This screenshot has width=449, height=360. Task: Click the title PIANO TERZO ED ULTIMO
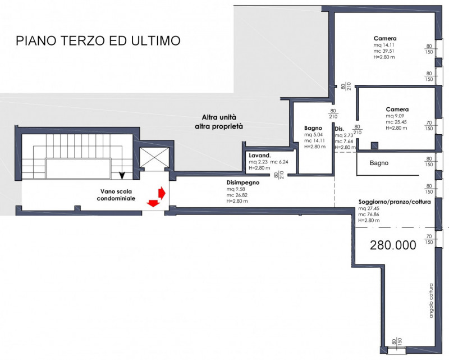coord(98,41)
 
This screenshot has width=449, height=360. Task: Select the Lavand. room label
coord(260,155)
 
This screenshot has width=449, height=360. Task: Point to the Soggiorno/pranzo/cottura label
coord(395,202)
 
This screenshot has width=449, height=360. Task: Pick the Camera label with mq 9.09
coord(397,109)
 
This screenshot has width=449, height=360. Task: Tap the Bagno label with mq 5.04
coord(313,128)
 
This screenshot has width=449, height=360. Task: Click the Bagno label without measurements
coord(380,163)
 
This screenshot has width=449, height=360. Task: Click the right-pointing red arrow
coord(162,193)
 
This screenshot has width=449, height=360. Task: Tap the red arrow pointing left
coord(152,202)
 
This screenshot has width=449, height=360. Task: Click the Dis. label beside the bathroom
coord(338,129)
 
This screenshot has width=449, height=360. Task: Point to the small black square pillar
coord(374,145)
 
